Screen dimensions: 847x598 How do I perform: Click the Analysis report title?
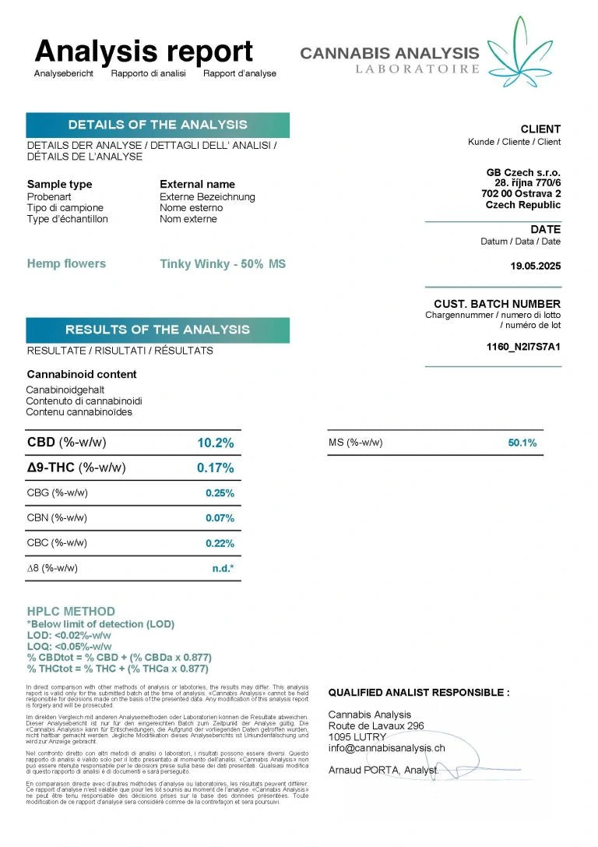tap(144, 51)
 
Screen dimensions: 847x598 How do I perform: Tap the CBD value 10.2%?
tap(215, 443)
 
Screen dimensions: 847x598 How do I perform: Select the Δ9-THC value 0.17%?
tap(215, 468)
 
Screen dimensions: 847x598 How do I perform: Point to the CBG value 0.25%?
tap(220, 493)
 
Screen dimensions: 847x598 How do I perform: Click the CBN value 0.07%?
tap(220, 518)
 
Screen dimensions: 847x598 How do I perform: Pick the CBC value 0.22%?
tap(220, 543)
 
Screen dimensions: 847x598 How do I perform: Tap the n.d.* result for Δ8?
tap(223, 568)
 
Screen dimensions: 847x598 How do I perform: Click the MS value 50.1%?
tap(522, 443)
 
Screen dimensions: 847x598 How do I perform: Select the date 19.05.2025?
tap(535, 266)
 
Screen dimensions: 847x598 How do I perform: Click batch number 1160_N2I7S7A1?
tap(522, 347)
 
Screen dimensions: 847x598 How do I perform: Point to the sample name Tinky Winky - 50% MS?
tap(223, 264)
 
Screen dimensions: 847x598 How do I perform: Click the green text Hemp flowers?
tap(66, 263)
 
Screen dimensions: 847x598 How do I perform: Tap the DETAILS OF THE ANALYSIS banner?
tap(157, 125)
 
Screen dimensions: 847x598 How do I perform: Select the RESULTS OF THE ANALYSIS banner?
tap(157, 330)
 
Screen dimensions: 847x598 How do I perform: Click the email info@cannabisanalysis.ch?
tap(386, 748)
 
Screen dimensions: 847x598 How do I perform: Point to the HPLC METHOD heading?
tap(71, 612)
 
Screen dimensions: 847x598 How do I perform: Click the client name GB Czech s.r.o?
tap(523, 172)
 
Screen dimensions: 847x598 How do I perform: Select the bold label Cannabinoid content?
tap(82, 374)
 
